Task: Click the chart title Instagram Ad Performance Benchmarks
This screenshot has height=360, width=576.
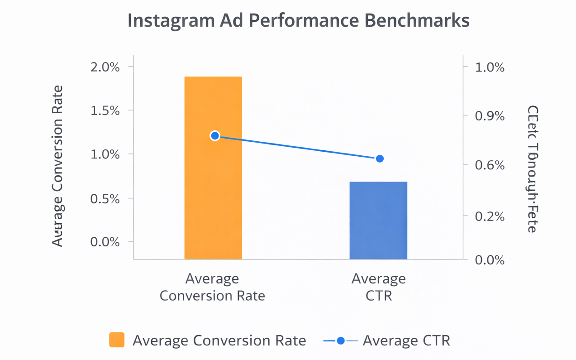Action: pos(298,21)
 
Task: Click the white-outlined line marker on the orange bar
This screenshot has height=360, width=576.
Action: pos(215,136)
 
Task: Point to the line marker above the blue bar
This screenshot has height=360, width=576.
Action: pos(380,158)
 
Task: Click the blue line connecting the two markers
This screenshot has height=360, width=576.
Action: pos(297,147)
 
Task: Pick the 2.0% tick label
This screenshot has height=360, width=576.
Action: pos(105,67)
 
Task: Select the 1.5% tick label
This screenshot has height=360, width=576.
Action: pos(105,111)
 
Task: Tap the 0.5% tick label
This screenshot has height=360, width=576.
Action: pos(105,199)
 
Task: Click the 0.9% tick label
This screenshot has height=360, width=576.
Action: pos(490,116)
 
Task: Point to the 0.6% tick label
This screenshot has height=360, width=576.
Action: pos(490,165)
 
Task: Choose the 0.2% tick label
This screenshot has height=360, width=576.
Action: pos(490,216)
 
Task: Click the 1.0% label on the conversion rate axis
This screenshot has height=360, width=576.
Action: pos(105,155)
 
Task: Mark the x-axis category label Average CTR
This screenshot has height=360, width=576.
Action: pos(378,287)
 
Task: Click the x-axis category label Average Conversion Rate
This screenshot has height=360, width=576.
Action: pos(212,287)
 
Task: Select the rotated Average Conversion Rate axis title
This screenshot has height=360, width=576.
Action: pos(57,166)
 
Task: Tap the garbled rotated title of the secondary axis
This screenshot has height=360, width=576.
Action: pos(533,169)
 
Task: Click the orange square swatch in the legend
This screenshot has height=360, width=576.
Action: pos(117,340)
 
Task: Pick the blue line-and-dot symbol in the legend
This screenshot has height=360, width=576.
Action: pos(341,341)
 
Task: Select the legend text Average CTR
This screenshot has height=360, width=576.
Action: pos(406,341)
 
